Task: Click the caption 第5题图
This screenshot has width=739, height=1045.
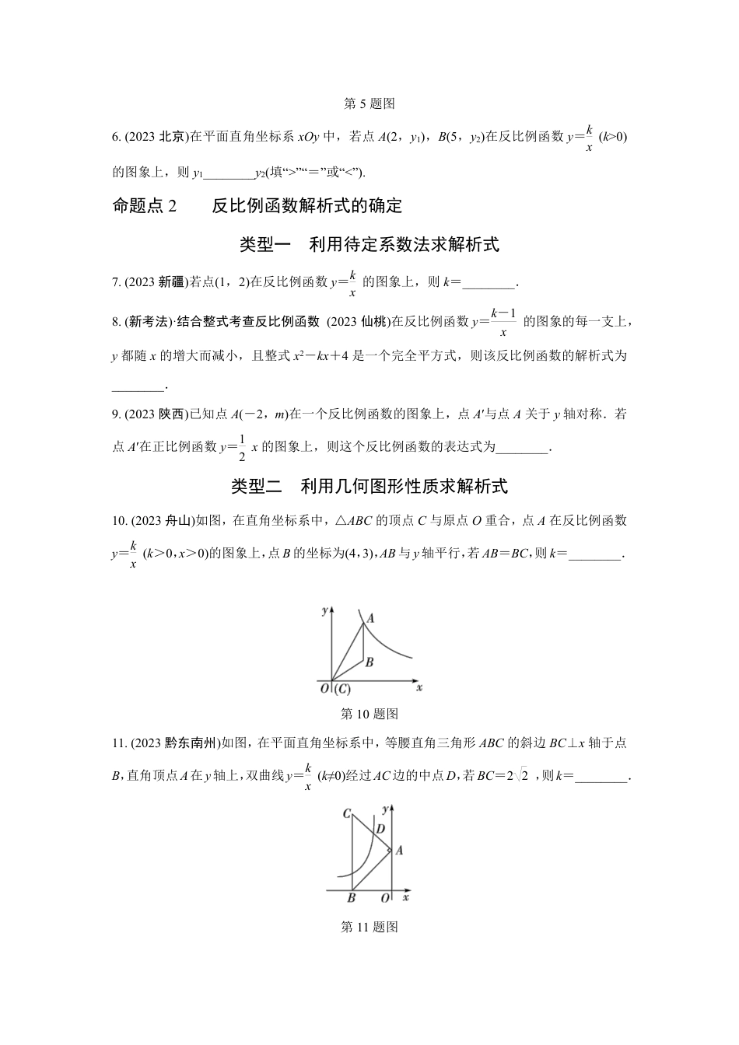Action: pos(369,103)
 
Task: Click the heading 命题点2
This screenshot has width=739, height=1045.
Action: pos(145,205)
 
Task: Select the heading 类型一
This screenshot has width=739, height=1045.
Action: pos(264,245)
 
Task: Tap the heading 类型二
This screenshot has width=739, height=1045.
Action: pos(257,487)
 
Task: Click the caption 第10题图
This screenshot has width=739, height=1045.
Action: pos(369,713)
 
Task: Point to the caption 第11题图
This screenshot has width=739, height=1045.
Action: pos(369,927)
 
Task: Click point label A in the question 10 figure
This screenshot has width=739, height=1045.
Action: pos(370,619)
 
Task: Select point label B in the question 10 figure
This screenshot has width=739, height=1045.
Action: pos(369,662)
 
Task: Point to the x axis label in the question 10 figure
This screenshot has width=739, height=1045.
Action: pos(419,688)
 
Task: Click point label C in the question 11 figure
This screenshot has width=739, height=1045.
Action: pos(346,813)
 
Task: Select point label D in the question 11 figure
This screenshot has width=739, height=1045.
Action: pos(380,829)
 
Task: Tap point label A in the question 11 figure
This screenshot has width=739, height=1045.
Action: pos(399,851)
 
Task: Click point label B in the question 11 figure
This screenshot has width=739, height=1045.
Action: pos(351,898)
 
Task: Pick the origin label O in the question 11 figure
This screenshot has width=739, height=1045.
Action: pos(385,898)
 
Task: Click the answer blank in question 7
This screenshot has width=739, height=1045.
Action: pos(489,284)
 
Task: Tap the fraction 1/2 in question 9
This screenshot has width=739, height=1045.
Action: pos(242,447)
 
